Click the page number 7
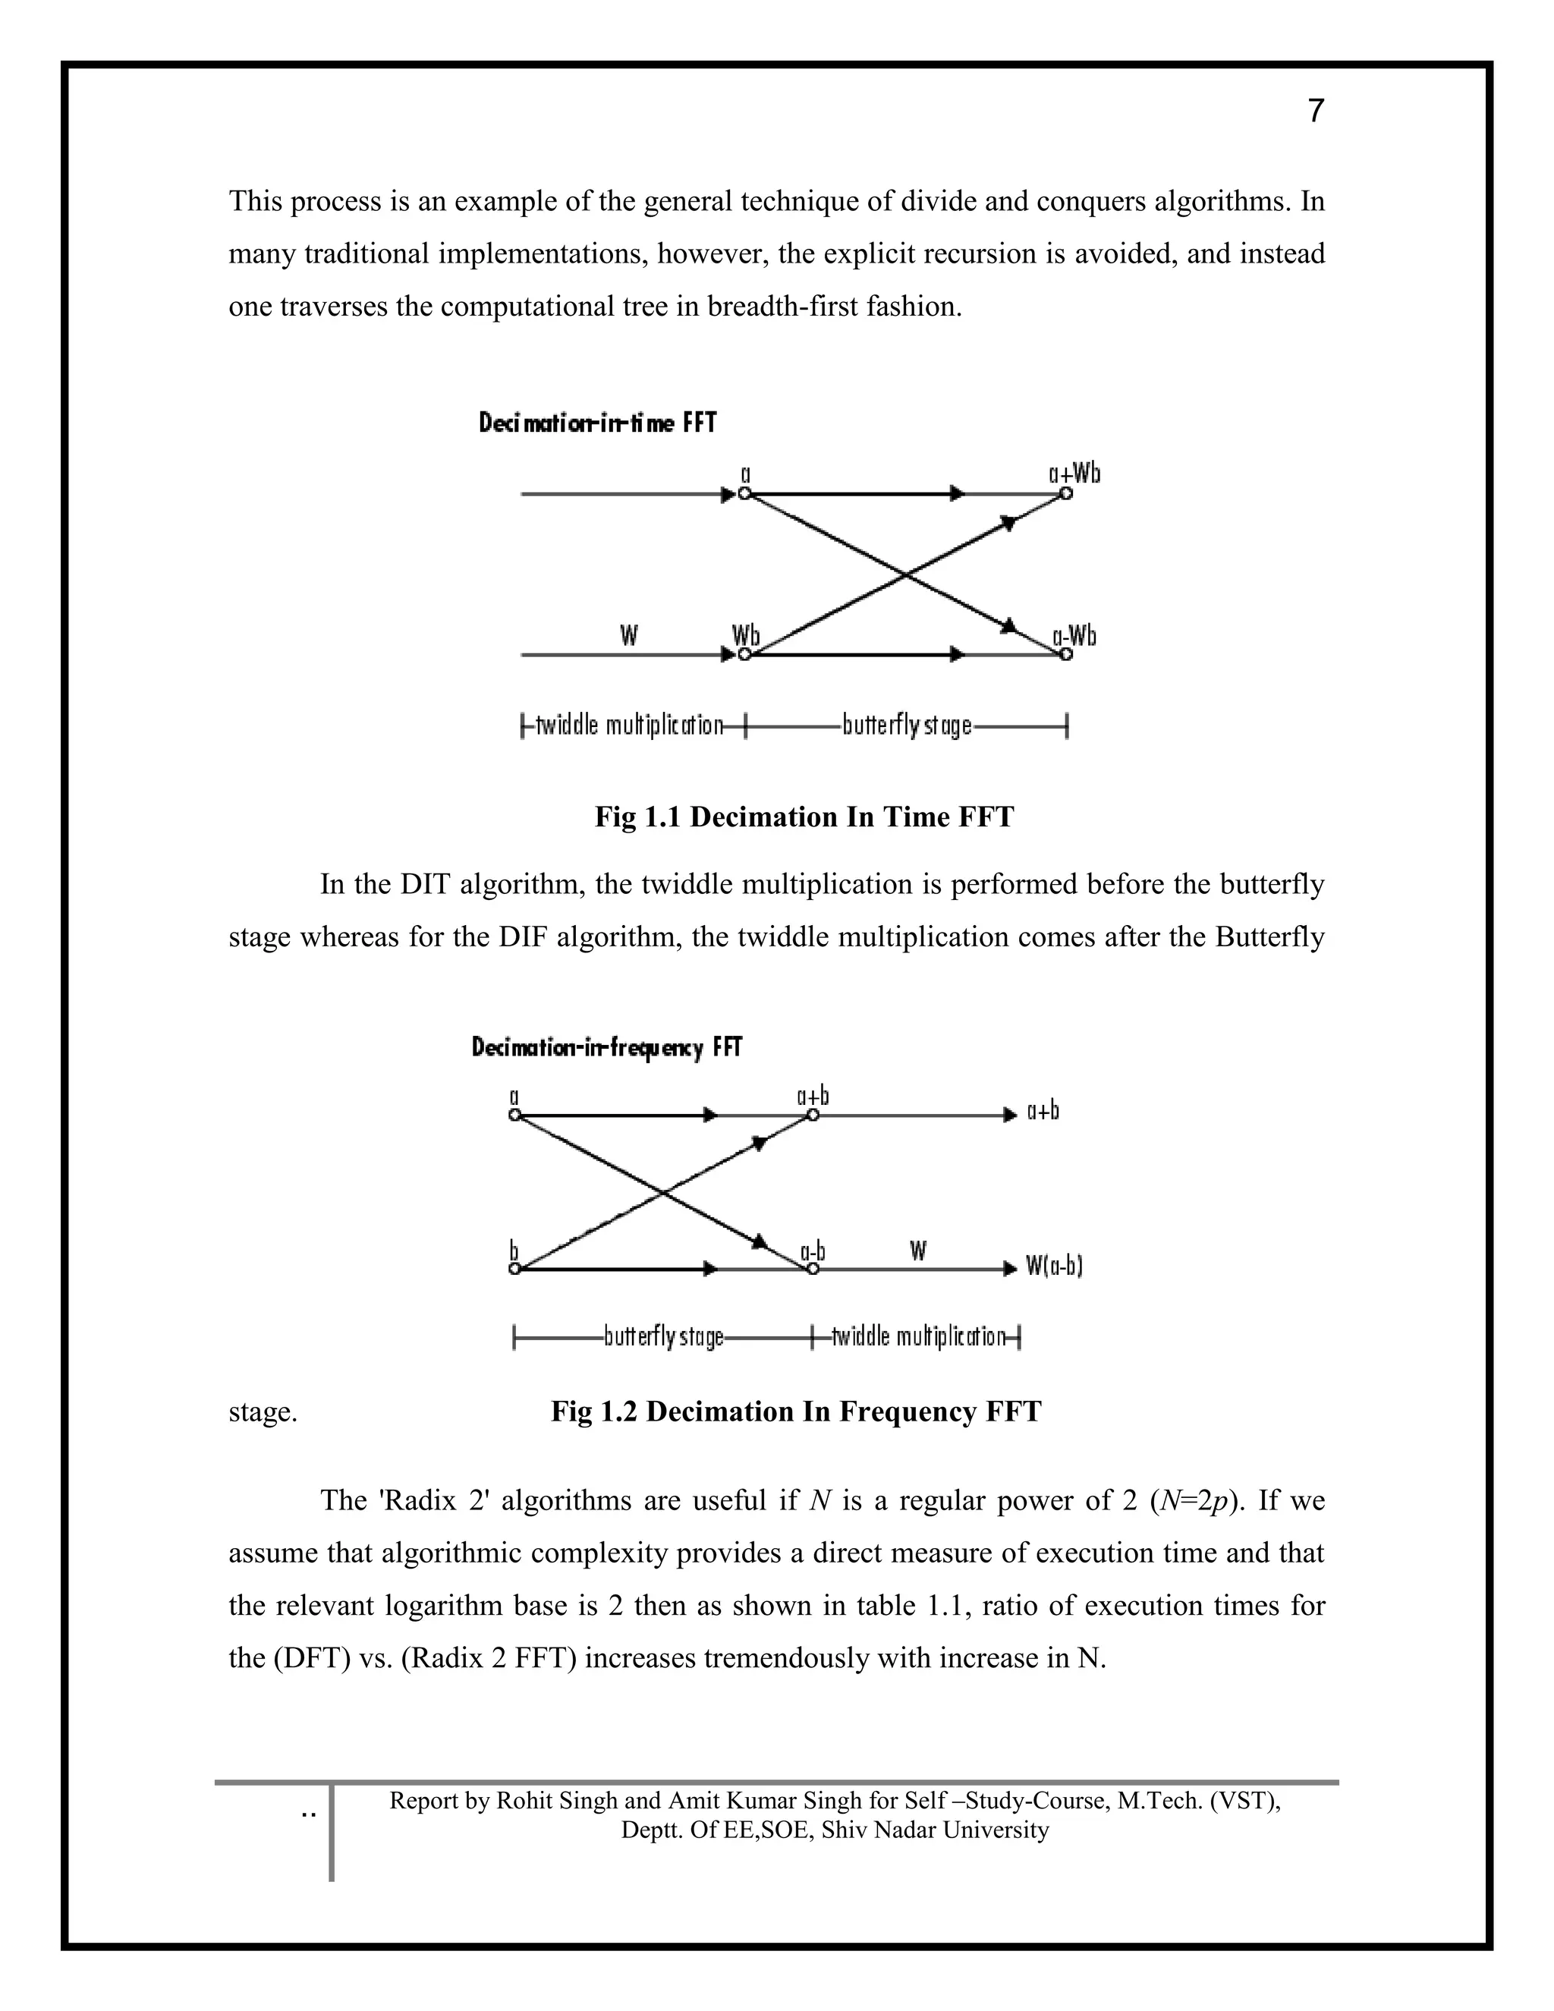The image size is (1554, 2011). [x=1316, y=112]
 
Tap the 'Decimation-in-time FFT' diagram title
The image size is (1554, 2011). [x=596, y=423]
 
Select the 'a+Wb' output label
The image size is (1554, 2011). [x=1074, y=474]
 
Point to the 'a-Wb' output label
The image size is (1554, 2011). [x=1074, y=636]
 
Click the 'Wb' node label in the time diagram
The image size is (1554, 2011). [x=746, y=635]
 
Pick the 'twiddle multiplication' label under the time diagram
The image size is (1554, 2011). [x=630, y=725]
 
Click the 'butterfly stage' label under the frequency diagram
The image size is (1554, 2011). [x=663, y=1336]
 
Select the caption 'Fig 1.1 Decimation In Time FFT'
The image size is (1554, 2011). [x=804, y=817]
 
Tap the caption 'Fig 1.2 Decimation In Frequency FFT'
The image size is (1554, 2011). [x=795, y=1411]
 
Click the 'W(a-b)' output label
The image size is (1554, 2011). [x=1055, y=1267]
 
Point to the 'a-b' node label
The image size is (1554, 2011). [x=812, y=1251]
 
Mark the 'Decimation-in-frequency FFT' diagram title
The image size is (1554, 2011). [x=607, y=1048]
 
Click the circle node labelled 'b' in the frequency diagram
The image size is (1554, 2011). [x=515, y=1269]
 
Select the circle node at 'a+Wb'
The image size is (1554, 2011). [x=1066, y=493]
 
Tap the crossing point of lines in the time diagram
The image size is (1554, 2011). [x=906, y=574]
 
